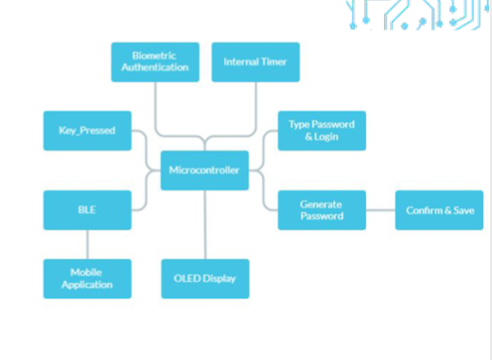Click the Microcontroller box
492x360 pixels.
(x=204, y=171)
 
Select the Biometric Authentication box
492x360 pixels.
(x=156, y=62)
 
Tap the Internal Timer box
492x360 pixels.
(x=256, y=62)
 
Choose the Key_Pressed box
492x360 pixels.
(x=87, y=131)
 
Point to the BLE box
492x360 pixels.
(x=87, y=210)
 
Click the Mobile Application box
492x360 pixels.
(x=87, y=279)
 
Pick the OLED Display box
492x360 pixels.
(x=205, y=279)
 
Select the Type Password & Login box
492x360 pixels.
(x=321, y=131)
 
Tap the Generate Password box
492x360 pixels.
(x=321, y=210)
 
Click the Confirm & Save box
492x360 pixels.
(x=439, y=210)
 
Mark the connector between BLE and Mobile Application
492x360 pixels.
(x=87, y=245)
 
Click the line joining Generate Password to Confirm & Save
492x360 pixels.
(x=381, y=210)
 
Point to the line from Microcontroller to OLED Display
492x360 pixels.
(x=205, y=225)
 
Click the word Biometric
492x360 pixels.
(x=154, y=56)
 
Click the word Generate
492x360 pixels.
(x=321, y=204)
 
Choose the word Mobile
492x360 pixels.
(x=86, y=273)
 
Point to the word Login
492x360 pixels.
(x=326, y=137)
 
